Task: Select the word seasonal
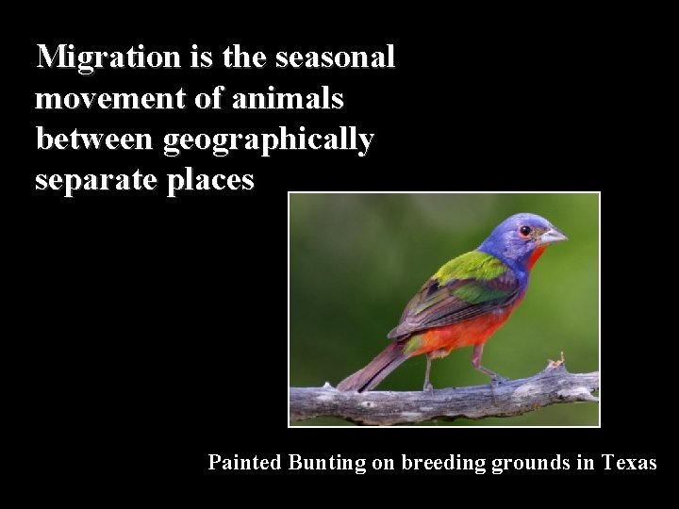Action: point(335,57)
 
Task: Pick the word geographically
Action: point(269,140)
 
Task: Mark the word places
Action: point(211,180)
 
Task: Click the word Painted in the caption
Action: point(245,463)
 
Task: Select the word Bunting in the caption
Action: point(323,463)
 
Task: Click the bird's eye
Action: point(525,231)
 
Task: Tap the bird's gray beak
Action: point(553,236)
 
